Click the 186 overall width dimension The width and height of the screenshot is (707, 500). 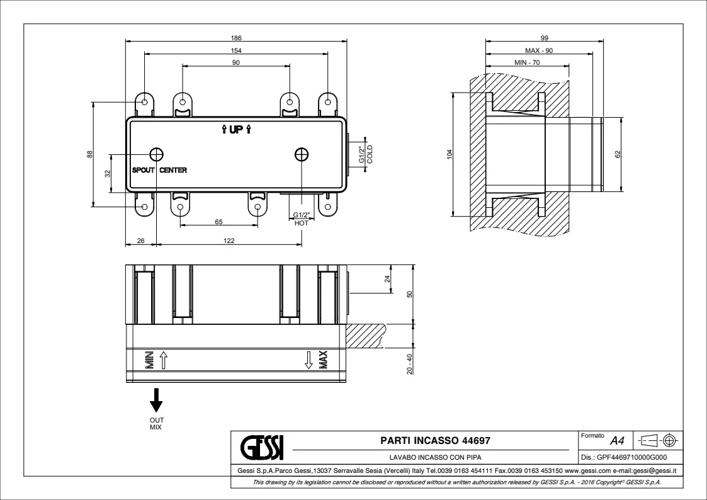(x=236, y=38)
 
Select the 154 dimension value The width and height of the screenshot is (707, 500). (x=236, y=50)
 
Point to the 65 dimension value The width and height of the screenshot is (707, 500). (x=218, y=222)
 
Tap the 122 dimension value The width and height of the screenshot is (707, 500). (x=229, y=241)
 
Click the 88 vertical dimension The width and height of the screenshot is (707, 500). (x=90, y=154)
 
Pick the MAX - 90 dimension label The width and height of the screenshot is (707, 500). (x=539, y=50)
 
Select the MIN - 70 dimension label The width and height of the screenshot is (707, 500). (x=527, y=63)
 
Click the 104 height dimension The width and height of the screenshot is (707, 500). (x=449, y=155)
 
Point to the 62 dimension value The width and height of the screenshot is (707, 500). (x=618, y=154)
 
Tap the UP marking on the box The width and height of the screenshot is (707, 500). (x=236, y=130)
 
